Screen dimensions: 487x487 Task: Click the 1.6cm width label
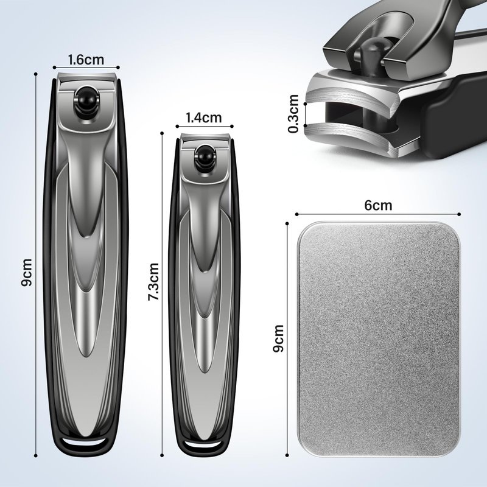[x=86, y=60]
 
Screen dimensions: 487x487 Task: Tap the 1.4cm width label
[x=204, y=117]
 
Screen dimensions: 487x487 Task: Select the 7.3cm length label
[x=154, y=282]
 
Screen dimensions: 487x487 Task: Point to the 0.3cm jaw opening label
[x=293, y=114]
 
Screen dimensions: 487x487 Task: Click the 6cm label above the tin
[x=378, y=205]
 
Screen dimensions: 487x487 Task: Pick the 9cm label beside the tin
[x=278, y=338]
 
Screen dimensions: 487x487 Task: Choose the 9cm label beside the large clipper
[x=27, y=272]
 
